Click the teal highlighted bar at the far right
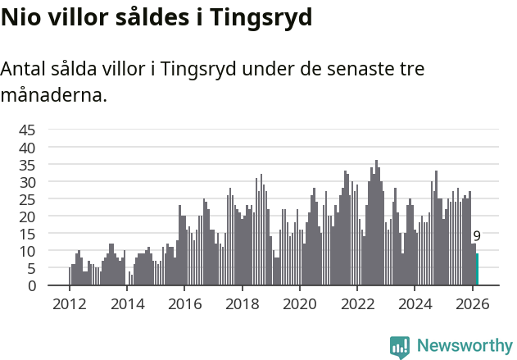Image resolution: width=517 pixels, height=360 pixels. tap(477, 270)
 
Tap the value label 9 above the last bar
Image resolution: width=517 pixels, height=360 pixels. tap(477, 236)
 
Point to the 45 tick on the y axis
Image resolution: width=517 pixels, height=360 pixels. tap(27, 130)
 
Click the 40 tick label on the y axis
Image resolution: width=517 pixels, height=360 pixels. tap(27, 147)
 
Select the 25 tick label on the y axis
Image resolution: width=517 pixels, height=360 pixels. tap(27, 198)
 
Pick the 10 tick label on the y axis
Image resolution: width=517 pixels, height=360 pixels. tap(27, 251)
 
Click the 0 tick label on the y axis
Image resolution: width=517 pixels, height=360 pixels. tap(31, 285)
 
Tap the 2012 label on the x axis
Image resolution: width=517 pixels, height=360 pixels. tap(69, 303)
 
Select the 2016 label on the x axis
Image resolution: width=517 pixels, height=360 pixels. tap(184, 303)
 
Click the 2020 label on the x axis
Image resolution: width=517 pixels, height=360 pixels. tap(300, 303)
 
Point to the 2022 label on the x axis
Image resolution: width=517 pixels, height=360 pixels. tap(357, 303)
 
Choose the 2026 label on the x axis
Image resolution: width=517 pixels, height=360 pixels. tap(473, 303)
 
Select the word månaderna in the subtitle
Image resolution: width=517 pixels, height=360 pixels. tap(54, 95)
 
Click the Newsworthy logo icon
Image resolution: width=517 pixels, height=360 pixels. tap(400, 347)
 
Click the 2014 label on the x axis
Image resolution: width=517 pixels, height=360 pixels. tap(127, 303)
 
